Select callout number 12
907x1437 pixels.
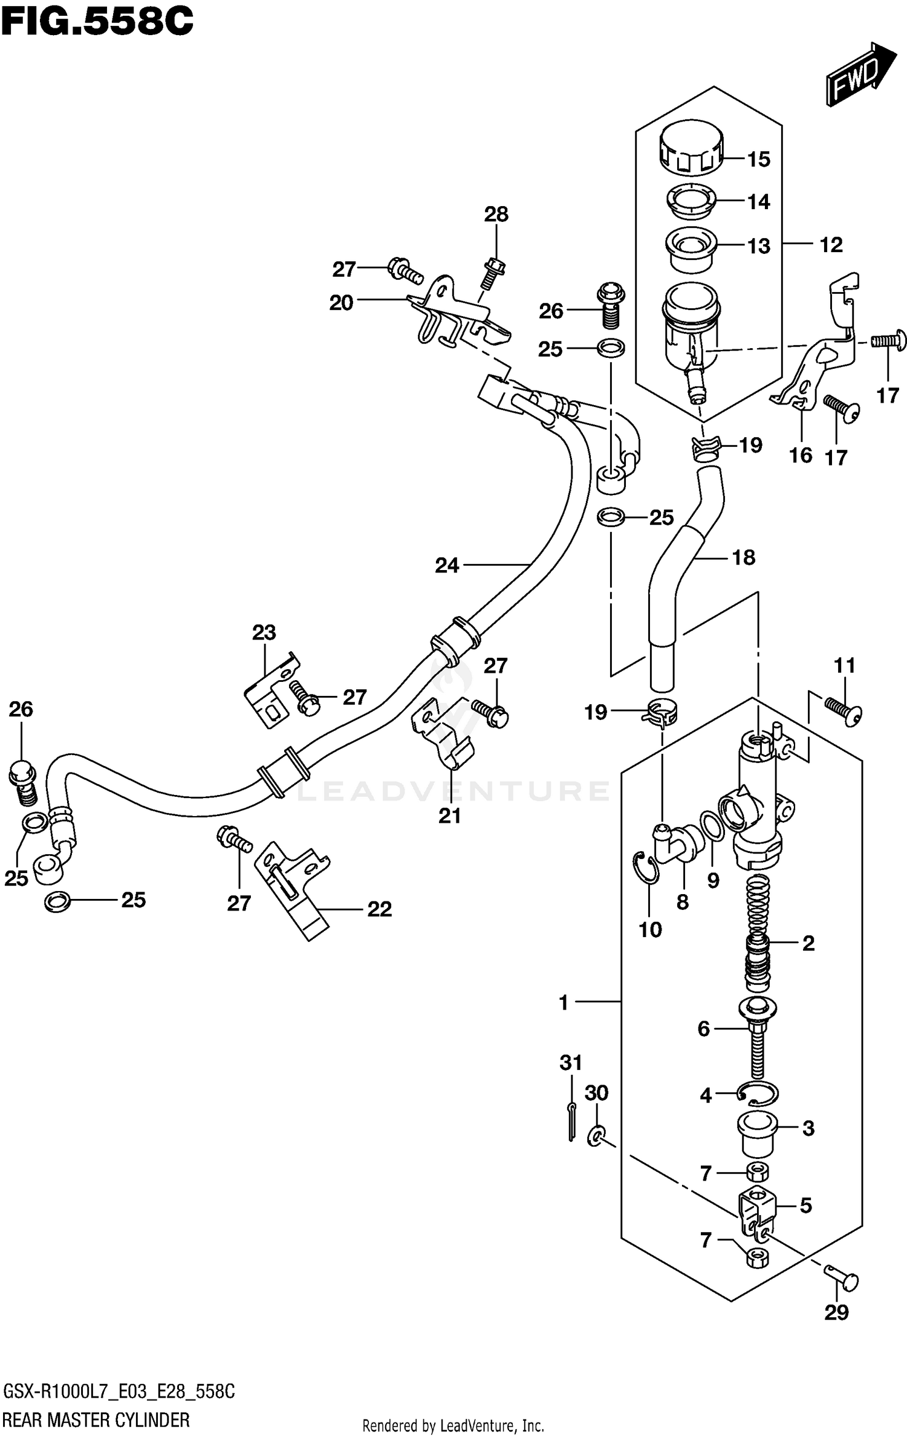tap(831, 245)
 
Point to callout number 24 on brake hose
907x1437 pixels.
tap(447, 565)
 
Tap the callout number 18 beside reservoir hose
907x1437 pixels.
tap(743, 557)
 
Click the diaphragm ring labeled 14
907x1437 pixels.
tap(691, 201)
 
